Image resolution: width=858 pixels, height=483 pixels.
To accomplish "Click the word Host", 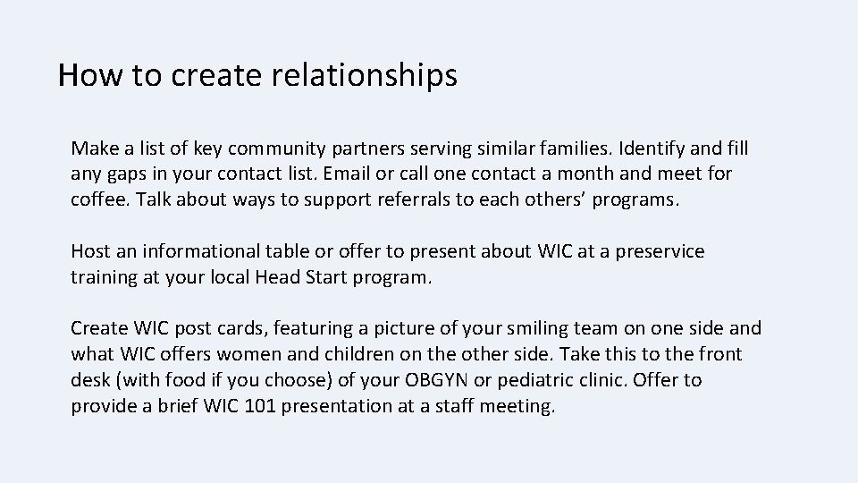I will pos(91,251).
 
